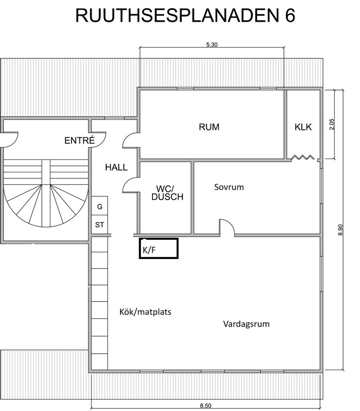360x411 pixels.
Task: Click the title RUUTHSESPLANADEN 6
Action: click(x=185, y=16)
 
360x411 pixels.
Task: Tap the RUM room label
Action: click(x=209, y=127)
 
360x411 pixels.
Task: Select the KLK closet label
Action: click(x=303, y=127)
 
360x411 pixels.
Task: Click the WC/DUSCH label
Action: click(x=167, y=192)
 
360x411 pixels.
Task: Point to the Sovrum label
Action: click(x=229, y=187)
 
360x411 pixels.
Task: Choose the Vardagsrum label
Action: click(x=246, y=324)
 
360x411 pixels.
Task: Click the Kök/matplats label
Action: click(x=145, y=312)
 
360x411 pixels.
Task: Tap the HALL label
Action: click(x=116, y=167)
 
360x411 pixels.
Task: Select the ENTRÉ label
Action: click(x=79, y=141)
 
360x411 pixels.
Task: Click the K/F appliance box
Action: click(x=158, y=249)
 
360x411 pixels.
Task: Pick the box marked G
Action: click(x=100, y=207)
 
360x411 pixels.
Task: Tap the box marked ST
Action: click(x=100, y=225)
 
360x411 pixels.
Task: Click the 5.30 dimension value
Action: click(x=212, y=45)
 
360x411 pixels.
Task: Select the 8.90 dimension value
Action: click(x=340, y=229)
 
